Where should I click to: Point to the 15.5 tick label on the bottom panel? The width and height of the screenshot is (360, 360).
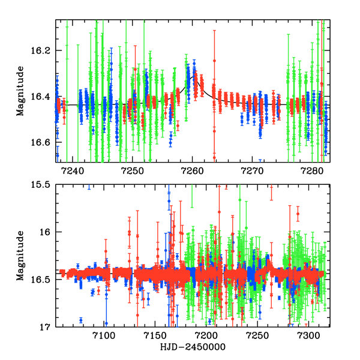coord(43,185)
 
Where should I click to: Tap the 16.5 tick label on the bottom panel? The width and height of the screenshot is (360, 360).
coord(43,280)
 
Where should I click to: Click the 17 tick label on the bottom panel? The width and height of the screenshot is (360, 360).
coord(48,327)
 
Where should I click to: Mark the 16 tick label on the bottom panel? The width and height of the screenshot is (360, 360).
coord(48,232)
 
